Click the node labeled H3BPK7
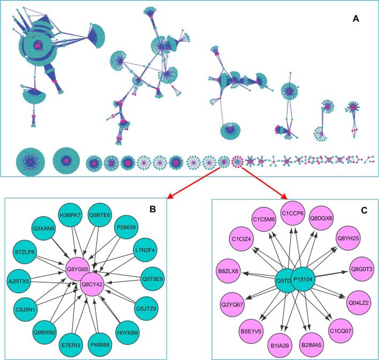(70, 215)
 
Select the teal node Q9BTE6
(100, 215)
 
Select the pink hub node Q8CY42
(94, 278)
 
